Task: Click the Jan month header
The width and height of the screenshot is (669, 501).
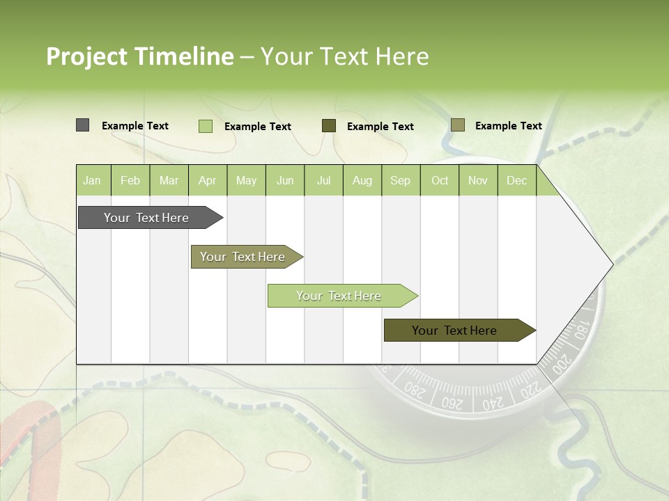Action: point(92,181)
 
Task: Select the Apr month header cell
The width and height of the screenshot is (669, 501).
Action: point(208,181)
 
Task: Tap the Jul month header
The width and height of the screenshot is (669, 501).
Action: point(323,181)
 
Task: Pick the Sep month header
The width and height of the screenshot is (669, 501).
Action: point(400,181)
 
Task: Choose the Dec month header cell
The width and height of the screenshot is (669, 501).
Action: point(516,181)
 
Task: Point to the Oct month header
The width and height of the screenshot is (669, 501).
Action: point(440,181)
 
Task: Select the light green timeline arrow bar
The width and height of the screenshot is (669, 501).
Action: point(340,296)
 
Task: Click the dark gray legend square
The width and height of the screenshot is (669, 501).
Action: point(82,125)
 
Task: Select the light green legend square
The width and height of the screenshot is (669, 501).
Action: point(206,126)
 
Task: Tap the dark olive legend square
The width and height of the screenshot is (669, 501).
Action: point(329,126)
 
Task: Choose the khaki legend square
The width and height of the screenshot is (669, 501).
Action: point(457,125)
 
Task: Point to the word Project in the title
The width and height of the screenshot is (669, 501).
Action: point(87,56)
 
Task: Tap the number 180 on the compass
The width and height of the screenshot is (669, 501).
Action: point(580,327)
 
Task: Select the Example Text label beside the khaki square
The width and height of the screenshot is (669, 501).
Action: point(508,126)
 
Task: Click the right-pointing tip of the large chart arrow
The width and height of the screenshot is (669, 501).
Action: point(611,264)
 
